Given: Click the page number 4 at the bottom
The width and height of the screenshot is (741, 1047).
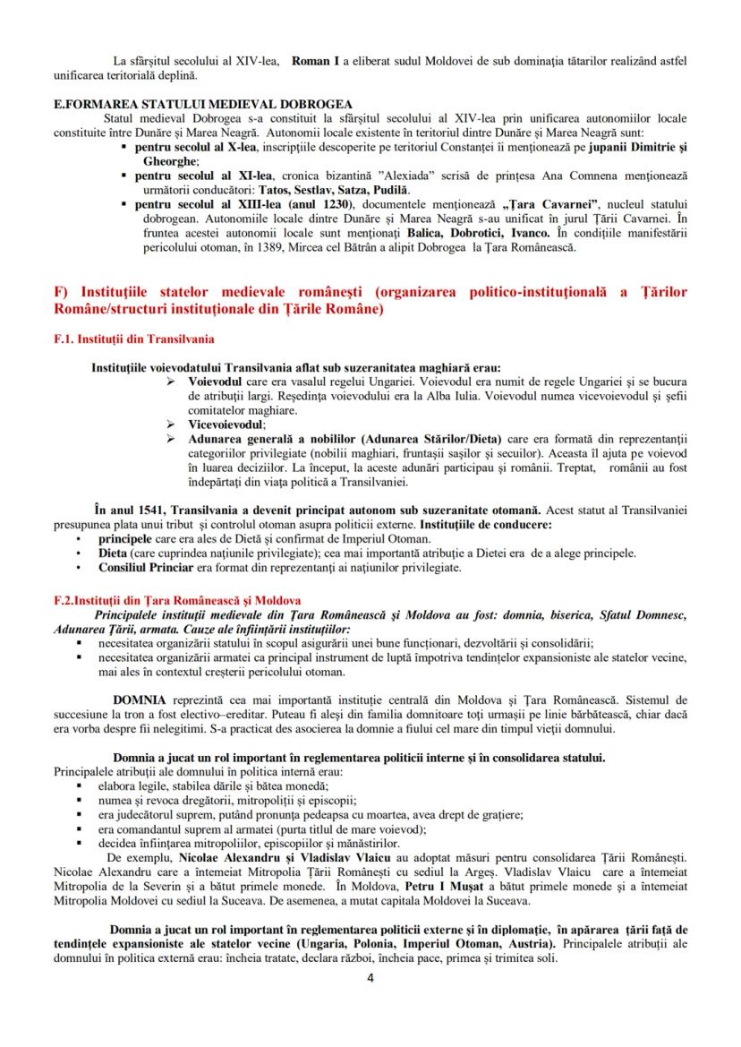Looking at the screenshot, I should [x=370, y=977].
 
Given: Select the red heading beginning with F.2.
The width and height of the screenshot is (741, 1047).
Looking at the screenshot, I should [x=177, y=599].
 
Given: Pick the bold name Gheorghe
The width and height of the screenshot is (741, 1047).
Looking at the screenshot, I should [x=166, y=161].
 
